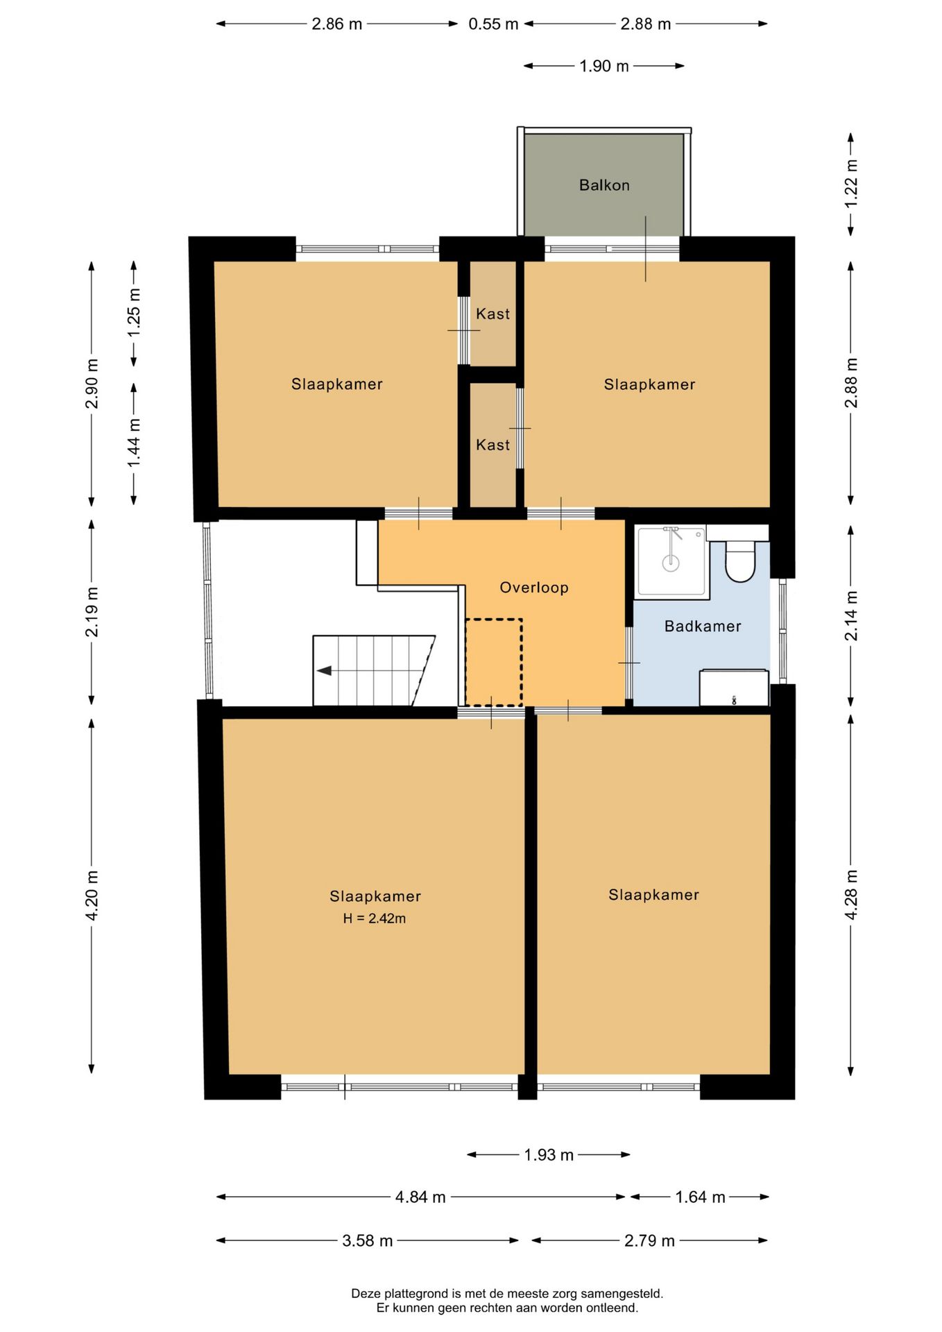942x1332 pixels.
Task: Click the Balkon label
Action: pos(604,185)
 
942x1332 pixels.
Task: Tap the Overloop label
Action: pos(534,588)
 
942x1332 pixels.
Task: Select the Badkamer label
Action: pos(703,626)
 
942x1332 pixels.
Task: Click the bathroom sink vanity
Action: pos(734,688)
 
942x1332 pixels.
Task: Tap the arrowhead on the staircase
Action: pos(324,671)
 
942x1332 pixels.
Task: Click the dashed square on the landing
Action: pos(493,662)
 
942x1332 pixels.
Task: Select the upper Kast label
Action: pos(493,314)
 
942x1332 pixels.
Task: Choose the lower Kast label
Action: pos(493,445)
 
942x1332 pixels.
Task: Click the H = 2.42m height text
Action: pos(375,919)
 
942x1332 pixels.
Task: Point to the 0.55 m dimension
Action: pos(493,24)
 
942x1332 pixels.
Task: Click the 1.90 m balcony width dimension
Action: pos(604,66)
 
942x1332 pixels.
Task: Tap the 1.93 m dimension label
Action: pos(549,1155)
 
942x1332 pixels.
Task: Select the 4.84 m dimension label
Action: pos(420,1197)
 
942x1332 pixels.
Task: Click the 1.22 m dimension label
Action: pos(852,183)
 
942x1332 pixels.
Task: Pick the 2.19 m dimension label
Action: pos(92,611)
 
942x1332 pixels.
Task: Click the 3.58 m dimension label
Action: pos(368,1241)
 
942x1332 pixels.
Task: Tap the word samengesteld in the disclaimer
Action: pos(622,1294)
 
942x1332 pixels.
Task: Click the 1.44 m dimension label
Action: pos(135,443)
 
